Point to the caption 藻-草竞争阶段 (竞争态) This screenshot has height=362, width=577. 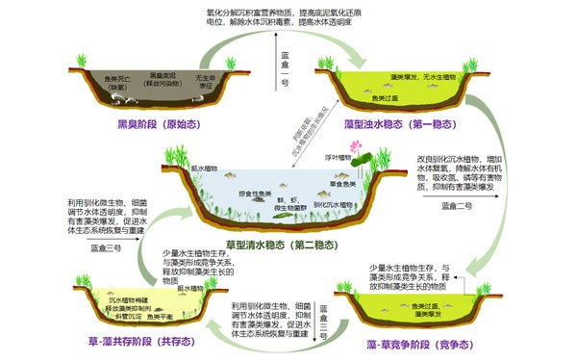(405, 343)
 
